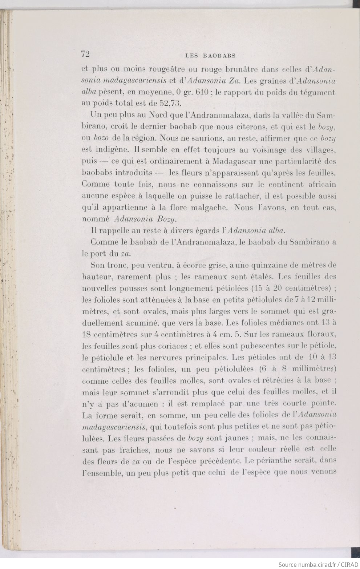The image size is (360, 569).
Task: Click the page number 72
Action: point(86,54)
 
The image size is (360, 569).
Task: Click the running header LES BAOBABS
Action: point(210,56)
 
